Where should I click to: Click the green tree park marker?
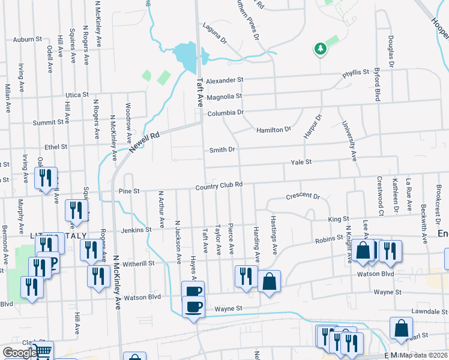[320, 49]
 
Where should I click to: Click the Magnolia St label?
[224, 96]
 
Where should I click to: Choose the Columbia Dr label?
[225, 113]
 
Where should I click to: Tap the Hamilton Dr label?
[273, 130]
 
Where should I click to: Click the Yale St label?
[301, 162]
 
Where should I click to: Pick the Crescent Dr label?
[303, 196]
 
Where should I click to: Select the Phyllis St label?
[355, 73]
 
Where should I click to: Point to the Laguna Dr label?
[215, 34]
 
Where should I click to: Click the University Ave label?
[349, 142]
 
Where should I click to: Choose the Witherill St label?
[139, 263]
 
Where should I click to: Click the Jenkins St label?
[136, 230]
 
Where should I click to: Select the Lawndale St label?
[427, 312]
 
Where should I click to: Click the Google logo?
[19, 353]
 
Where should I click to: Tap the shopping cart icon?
[42, 351]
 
